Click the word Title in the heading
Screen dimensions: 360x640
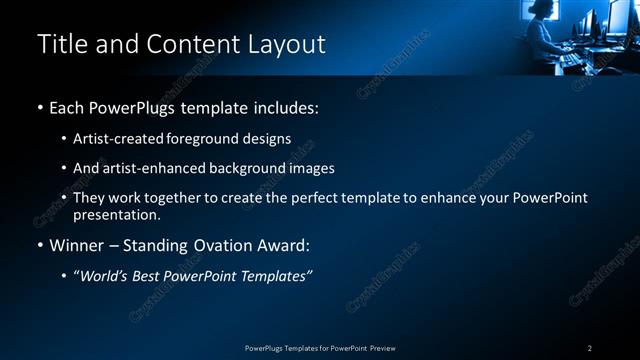coord(59,44)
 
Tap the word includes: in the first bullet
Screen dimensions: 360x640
coord(289,107)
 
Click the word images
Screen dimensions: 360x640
coord(310,168)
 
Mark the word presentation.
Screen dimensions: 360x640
coord(116,214)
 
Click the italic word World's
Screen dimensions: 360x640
coord(107,275)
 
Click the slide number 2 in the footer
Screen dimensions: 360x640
coord(590,348)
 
